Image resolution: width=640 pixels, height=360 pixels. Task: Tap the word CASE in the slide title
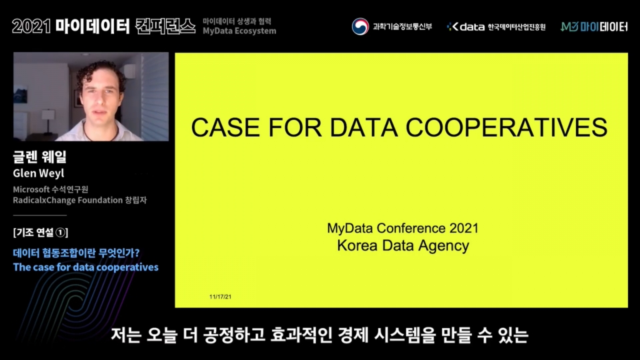220,127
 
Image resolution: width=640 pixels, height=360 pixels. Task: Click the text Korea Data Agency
403,245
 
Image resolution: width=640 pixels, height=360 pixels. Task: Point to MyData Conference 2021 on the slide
403,229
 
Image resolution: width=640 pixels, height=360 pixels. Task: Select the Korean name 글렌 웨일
40,158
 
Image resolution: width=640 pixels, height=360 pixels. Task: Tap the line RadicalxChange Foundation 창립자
77,200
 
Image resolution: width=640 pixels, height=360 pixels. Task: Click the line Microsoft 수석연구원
50,189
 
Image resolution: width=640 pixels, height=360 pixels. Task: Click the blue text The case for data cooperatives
85,267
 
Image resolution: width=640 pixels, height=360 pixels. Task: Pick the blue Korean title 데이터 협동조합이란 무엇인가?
77,253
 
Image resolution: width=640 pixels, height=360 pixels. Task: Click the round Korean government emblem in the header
360,27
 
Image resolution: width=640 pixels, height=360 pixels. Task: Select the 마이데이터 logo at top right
594,27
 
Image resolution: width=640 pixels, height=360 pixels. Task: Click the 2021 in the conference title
31,26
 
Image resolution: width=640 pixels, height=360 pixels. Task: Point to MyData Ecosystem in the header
239,31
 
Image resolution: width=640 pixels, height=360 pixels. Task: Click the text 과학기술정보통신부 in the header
402,27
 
